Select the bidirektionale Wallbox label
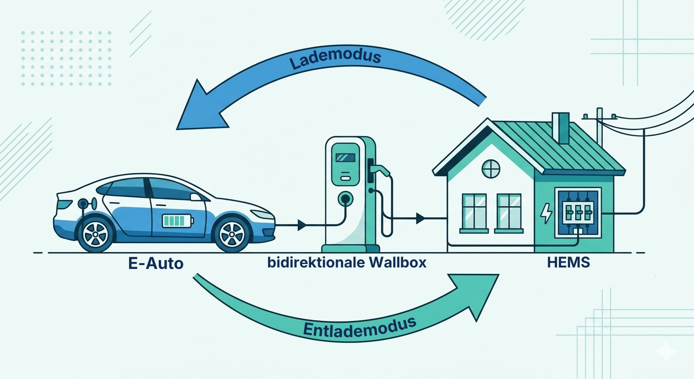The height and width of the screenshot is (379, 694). [347, 263]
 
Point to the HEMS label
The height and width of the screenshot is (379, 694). [568, 263]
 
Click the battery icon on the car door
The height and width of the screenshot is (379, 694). [177, 220]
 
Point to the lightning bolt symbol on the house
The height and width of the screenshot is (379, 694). [546, 213]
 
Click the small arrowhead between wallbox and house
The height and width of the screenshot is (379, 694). [420, 217]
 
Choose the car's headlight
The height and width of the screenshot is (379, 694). [262, 214]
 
